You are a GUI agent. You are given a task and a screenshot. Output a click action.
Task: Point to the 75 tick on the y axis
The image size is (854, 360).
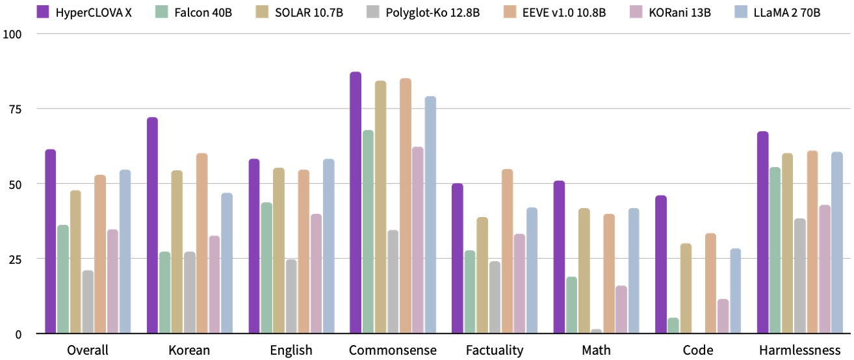coord(14,109)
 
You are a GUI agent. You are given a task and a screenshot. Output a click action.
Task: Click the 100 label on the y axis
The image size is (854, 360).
coord(12,33)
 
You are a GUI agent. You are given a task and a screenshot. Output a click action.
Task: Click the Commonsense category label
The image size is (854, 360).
coord(393,350)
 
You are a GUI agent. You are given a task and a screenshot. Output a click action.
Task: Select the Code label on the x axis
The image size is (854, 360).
coord(699,350)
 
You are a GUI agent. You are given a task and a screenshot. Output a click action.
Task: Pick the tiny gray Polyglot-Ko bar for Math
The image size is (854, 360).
coord(597,331)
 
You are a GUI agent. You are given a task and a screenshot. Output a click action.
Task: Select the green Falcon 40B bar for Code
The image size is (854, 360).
coord(673,326)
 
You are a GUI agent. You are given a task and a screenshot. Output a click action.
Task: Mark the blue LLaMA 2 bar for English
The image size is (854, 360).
coord(328,246)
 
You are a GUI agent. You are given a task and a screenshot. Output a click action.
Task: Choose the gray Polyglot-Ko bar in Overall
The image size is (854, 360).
coord(88,302)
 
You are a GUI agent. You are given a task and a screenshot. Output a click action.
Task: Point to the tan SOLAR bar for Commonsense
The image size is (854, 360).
coord(380,207)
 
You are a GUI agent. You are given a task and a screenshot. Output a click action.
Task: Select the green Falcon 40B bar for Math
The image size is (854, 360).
coord(572,305)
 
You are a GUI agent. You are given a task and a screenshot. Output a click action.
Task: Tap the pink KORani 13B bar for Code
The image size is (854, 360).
coord(723,316)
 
